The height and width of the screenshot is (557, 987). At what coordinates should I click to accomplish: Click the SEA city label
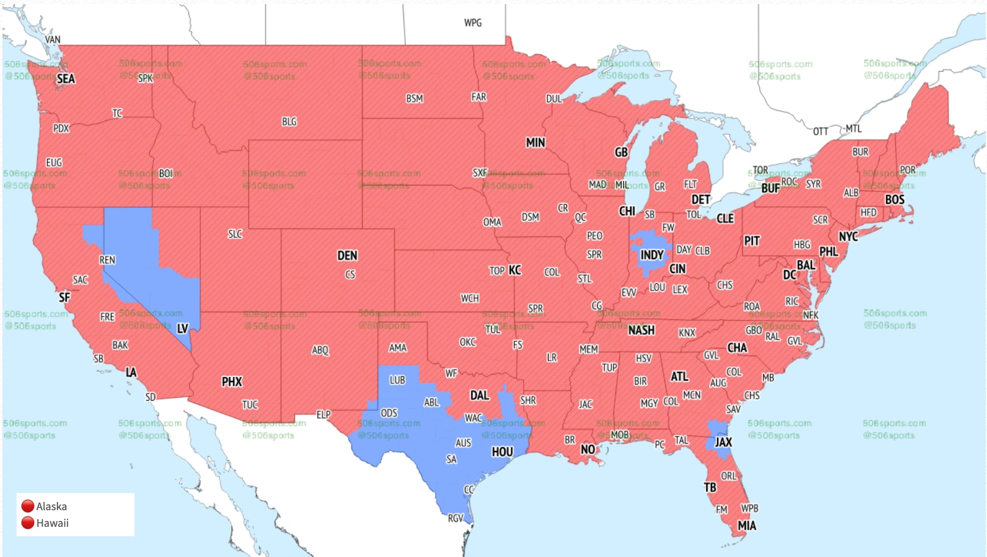pyautogui.click(x=66, y=79)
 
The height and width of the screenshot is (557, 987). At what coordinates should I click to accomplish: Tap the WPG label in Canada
pyautogui.click(x=473, y=23)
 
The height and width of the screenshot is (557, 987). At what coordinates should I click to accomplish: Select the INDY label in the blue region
pyautogui.click(x=652, y=255)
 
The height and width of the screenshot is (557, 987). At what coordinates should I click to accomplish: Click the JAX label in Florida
pyautogui.click(x=723, y=442)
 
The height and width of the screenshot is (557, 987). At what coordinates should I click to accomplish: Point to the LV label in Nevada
pyautogui.click(x=182, y=328)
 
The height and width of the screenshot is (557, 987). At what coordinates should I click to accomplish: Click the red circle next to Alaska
pyautogui.click(x=27, y=506)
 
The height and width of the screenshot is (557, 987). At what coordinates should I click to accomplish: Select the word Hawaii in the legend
pyautogui.click(x=52, y=523)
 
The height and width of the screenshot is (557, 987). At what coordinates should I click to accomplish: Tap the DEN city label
pyautogui.click(x=347, y=255)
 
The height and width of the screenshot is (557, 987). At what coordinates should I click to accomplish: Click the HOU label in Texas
pyautogui.click(x=502, y=452)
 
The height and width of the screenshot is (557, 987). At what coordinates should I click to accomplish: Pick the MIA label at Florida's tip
pyautogui.click(x=746, y=526)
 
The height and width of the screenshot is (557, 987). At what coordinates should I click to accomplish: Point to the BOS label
pyautogui.click(x=895, y=200)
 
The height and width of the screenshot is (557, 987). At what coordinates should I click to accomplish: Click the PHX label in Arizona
pyautogui.click(x=232, y=382)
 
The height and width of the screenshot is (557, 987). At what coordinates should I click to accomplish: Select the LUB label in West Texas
pyautogui.click(x=397, y=380)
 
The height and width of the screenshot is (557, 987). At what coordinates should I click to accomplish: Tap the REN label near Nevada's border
pyautogui.click(x=107, y=260)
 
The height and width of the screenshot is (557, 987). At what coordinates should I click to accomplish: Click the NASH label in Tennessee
pyautogui.click(x=641, y=330)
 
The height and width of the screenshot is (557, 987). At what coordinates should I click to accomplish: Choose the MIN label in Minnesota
pyautogui.click(x=536, y=143)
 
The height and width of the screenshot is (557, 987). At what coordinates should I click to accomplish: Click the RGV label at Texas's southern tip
pyautogui.click(x=455, y=518)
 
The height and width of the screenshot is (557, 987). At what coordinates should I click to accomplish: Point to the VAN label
pyautogui.click(x=53, y=40)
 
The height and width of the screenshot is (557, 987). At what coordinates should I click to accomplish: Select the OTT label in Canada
pyautogui.click(x=821, y=132)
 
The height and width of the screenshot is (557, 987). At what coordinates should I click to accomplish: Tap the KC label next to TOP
pyautogui.click(x=515, y=270)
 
